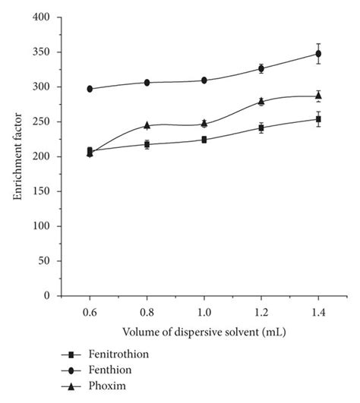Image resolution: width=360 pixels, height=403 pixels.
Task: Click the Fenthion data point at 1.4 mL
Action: pos(318,54)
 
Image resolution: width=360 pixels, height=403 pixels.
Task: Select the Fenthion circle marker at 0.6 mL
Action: pos(90,89)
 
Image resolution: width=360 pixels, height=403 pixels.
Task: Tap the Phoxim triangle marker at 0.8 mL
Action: pos(147,125)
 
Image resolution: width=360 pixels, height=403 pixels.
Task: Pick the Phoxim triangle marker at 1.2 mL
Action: pos(261,101)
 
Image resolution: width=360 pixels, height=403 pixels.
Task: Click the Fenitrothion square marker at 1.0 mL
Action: pos(204,140)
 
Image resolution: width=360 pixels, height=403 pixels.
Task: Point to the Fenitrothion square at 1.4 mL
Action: pos(318,119)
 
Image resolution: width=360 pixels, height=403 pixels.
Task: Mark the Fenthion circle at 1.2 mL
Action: pos(261,68)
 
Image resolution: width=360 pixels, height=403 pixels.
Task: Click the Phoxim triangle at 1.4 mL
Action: pos(318,96)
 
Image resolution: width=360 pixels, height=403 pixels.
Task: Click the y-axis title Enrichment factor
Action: pos(17,156)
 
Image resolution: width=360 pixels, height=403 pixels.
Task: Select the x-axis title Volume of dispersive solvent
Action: pos(204,332)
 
